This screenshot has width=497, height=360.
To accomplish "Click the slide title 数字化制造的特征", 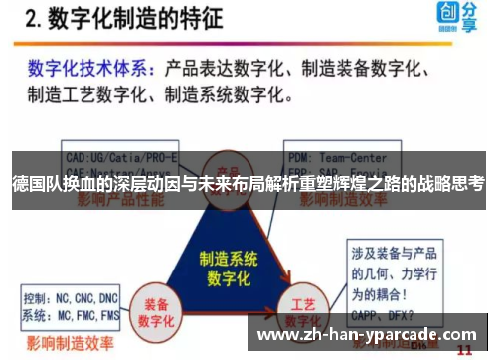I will (x=144, y=21).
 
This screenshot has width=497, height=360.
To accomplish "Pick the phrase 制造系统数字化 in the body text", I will (x=228, y=96).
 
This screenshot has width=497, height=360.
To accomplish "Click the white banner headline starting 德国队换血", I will (x=248, y=183).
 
